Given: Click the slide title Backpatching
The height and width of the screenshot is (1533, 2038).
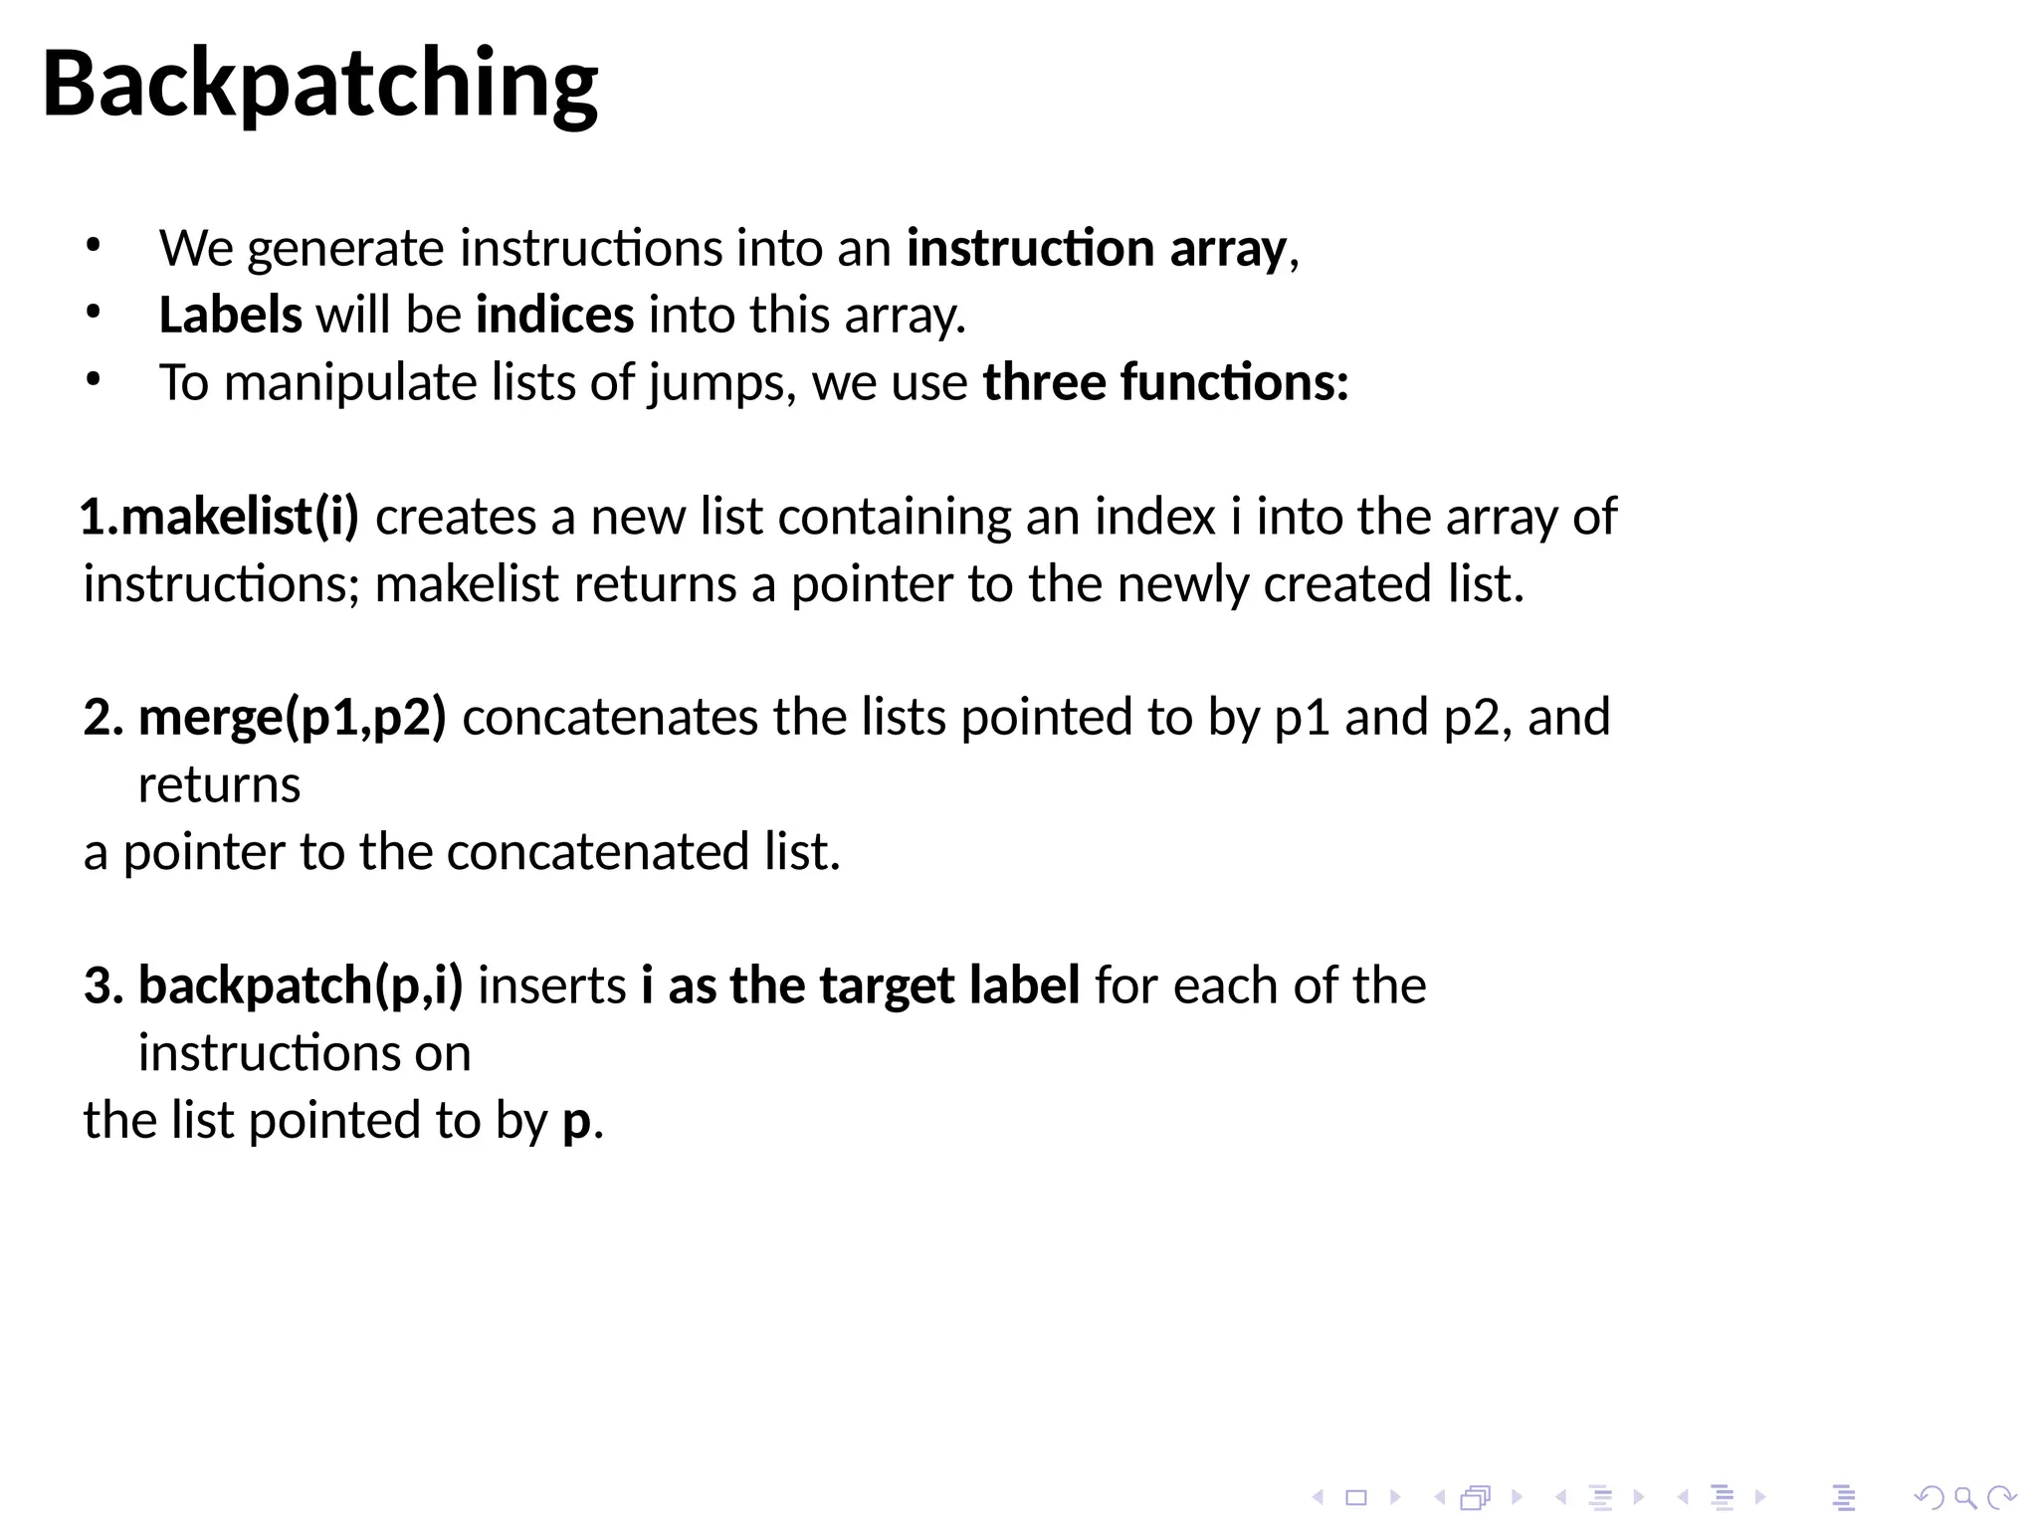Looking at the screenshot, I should pos(319,85).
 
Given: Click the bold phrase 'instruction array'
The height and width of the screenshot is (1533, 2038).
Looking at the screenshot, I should pos(1096,249).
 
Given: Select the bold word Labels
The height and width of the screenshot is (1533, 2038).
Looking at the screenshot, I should pos(230,316).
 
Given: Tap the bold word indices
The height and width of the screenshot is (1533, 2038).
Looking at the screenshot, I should pos(554,316).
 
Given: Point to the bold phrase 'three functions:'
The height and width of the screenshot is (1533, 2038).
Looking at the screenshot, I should pos(1165,383).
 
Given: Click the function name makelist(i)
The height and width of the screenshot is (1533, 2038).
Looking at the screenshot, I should pos(219,518).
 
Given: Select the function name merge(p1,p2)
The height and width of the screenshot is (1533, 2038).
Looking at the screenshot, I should pos(292,718).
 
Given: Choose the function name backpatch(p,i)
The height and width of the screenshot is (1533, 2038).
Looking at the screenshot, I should pos(300,986).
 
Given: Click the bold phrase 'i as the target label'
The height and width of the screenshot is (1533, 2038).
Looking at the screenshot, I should pos(860,986).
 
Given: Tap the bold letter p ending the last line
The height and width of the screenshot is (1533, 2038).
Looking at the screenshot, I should pos(576,1122).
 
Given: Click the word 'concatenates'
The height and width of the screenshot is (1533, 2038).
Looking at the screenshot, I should pos(610,718).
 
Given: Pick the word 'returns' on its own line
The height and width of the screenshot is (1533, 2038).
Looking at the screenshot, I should pos(219,785).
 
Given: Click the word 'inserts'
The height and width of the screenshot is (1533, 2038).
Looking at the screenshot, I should pos(552,986).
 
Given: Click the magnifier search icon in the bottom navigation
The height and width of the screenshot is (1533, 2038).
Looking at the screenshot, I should pos(1964,1497).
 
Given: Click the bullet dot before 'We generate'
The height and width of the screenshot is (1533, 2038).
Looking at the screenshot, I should pos(94,246).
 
